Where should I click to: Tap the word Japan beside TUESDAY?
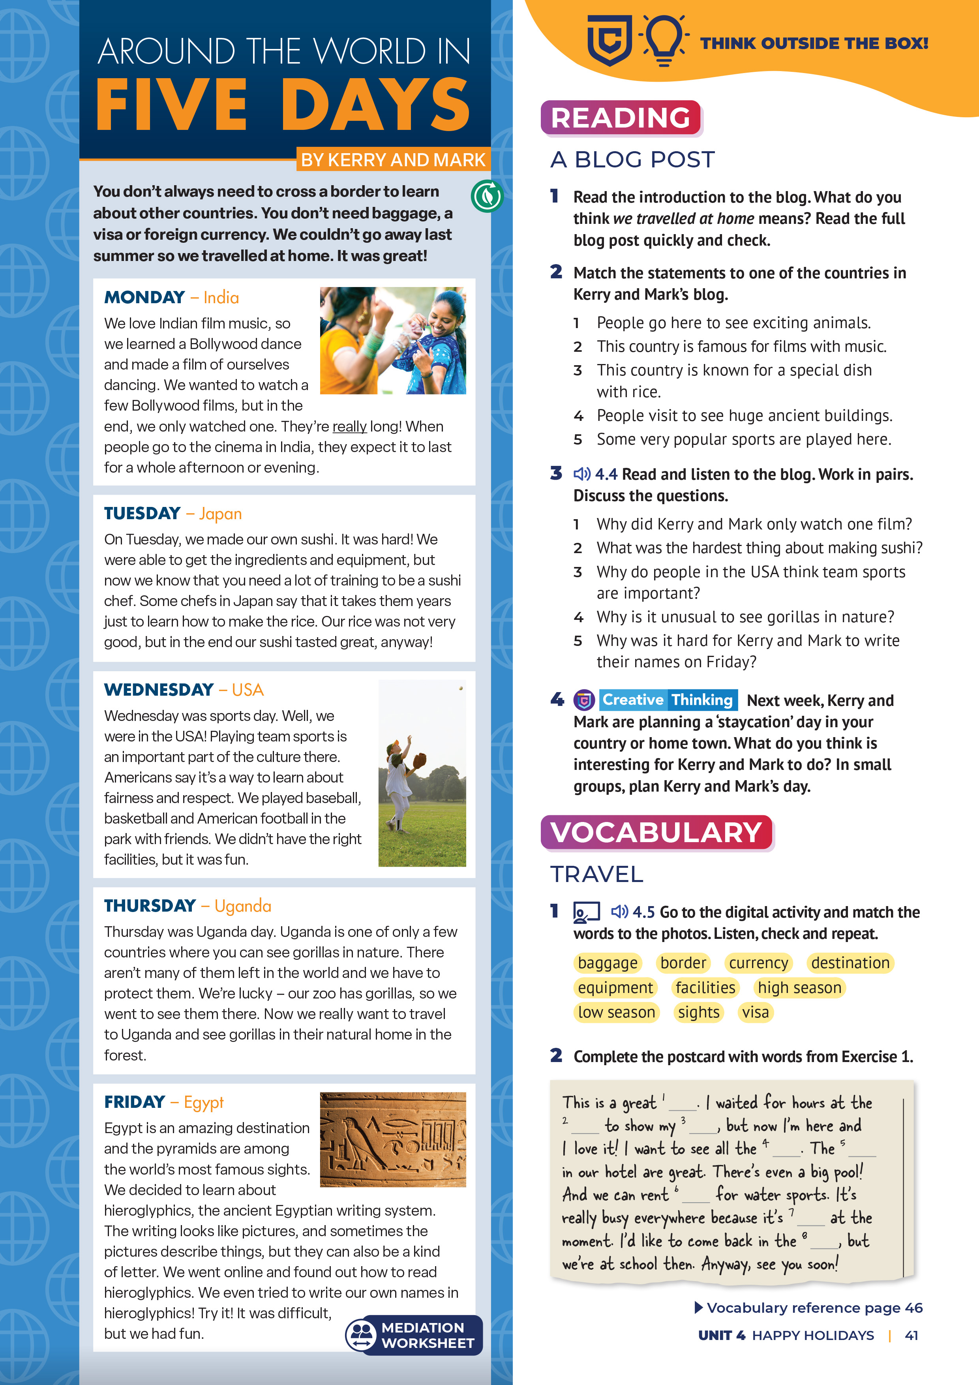[220, 514]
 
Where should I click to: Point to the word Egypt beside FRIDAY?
[203, 1102]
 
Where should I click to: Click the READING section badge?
[620, 118]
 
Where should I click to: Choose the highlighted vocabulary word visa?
[755, 1012]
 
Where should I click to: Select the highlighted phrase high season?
[799, 987]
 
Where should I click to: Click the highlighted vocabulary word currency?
[758, 963]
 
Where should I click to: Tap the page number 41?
[911, 1336]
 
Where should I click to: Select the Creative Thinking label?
[668, 700]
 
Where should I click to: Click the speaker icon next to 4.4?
[581, 474]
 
